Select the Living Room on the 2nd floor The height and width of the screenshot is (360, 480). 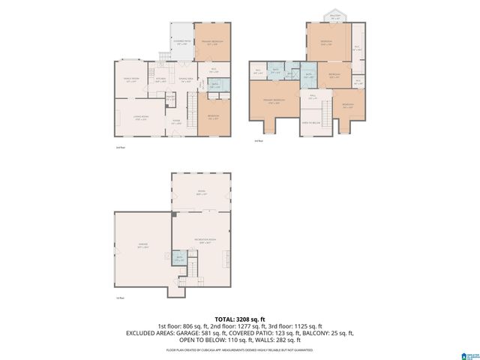click(x=139, y=117)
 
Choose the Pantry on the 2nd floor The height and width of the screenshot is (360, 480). click(x=170, y=97)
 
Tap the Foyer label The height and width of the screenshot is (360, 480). click(x=176, y=124)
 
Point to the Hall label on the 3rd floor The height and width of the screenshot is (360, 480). click(x=313, y=97)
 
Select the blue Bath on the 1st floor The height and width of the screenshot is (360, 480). click(x=179, y=259)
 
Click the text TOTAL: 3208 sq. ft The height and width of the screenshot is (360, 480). click(x=239, y=319)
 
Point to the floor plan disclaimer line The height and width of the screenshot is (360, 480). click(x=239, y=349)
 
